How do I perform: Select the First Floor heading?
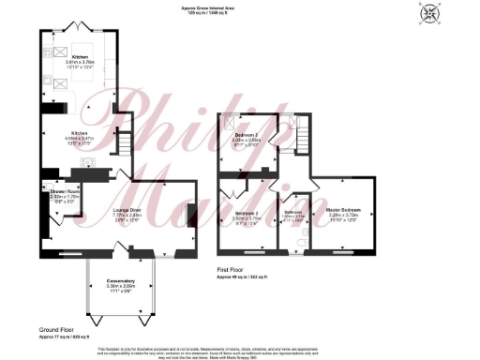(x=233, y=271)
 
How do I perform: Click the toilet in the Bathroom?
(x=296, y=241)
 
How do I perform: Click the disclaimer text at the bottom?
(x=240, y=351)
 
